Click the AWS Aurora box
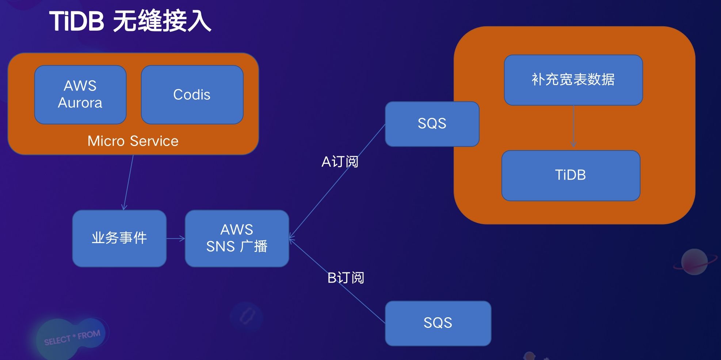80,95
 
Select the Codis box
192,95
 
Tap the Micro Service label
133,141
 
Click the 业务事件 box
119,238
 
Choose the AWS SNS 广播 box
237,238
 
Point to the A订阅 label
340,162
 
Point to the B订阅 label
346,278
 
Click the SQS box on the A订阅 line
432,123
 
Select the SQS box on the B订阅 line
438,323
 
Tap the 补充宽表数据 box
573,80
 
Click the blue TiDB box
571,175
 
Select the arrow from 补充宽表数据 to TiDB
573,128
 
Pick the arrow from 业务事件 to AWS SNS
176,239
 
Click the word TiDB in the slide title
77,21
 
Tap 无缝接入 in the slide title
162,21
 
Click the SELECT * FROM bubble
72,337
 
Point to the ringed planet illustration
693,262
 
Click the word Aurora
80,103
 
